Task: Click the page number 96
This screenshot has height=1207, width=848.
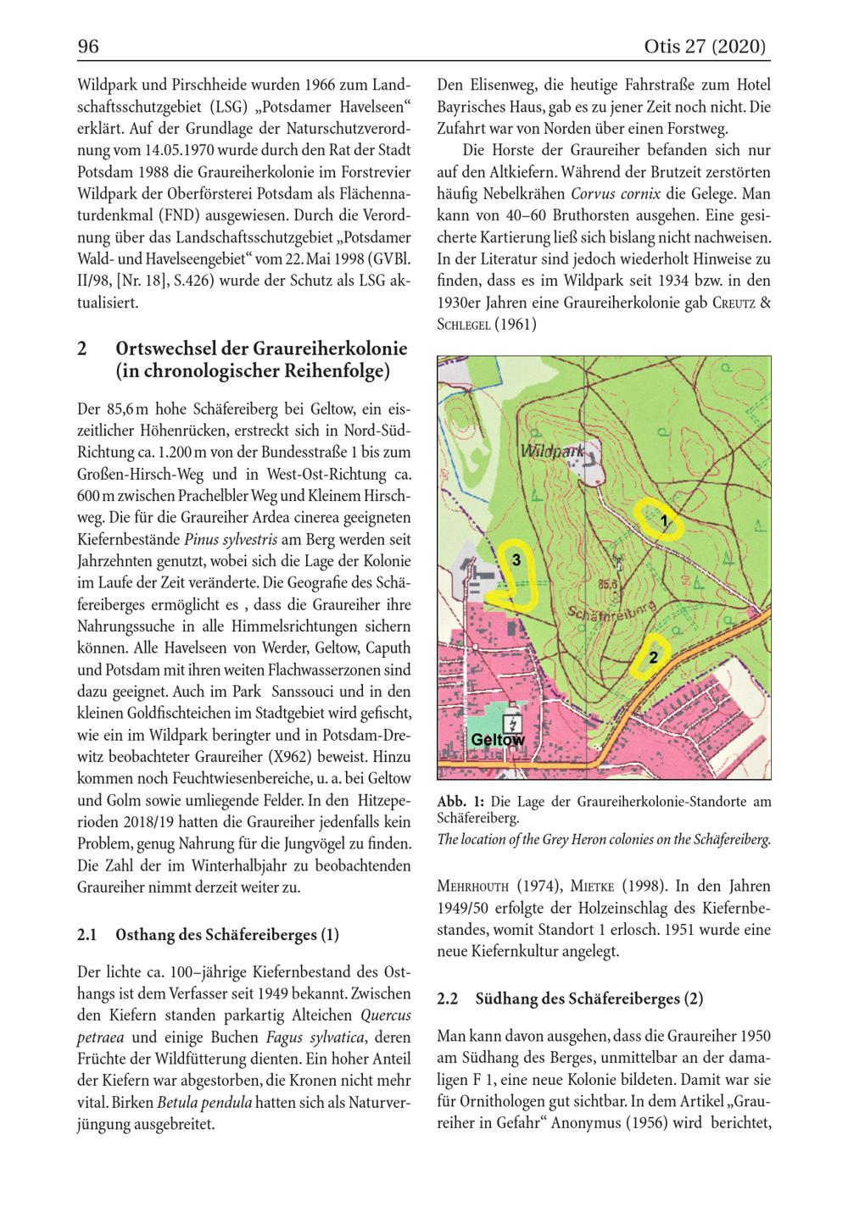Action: click(x=88, y=47)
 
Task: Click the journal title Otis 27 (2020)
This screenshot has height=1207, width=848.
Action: click(x=706, y=47)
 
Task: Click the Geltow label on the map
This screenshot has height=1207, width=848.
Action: click(x=498, y=740)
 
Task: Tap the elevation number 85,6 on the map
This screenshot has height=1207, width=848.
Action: click(x=609, y=584)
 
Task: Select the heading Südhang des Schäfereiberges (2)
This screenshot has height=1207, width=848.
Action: click(x=589, y=999)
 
